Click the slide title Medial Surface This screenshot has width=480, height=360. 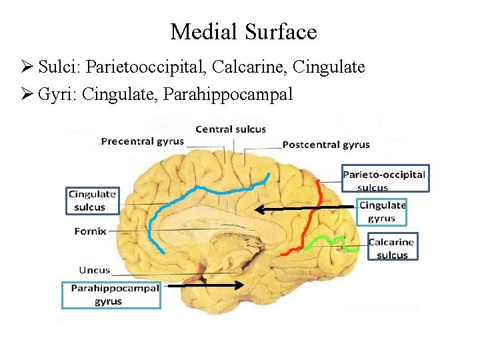243,31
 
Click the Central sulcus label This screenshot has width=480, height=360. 230,129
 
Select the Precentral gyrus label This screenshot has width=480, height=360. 142,141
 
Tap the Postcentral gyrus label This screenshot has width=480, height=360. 326,145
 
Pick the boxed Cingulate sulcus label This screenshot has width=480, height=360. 93,201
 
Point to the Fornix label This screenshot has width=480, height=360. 89,231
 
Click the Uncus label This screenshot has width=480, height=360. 94,271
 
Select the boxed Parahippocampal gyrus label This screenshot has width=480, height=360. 111,295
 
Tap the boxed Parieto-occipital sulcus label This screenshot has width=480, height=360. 385,178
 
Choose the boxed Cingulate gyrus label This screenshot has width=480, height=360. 382,212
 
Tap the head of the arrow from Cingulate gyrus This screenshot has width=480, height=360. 259,209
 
